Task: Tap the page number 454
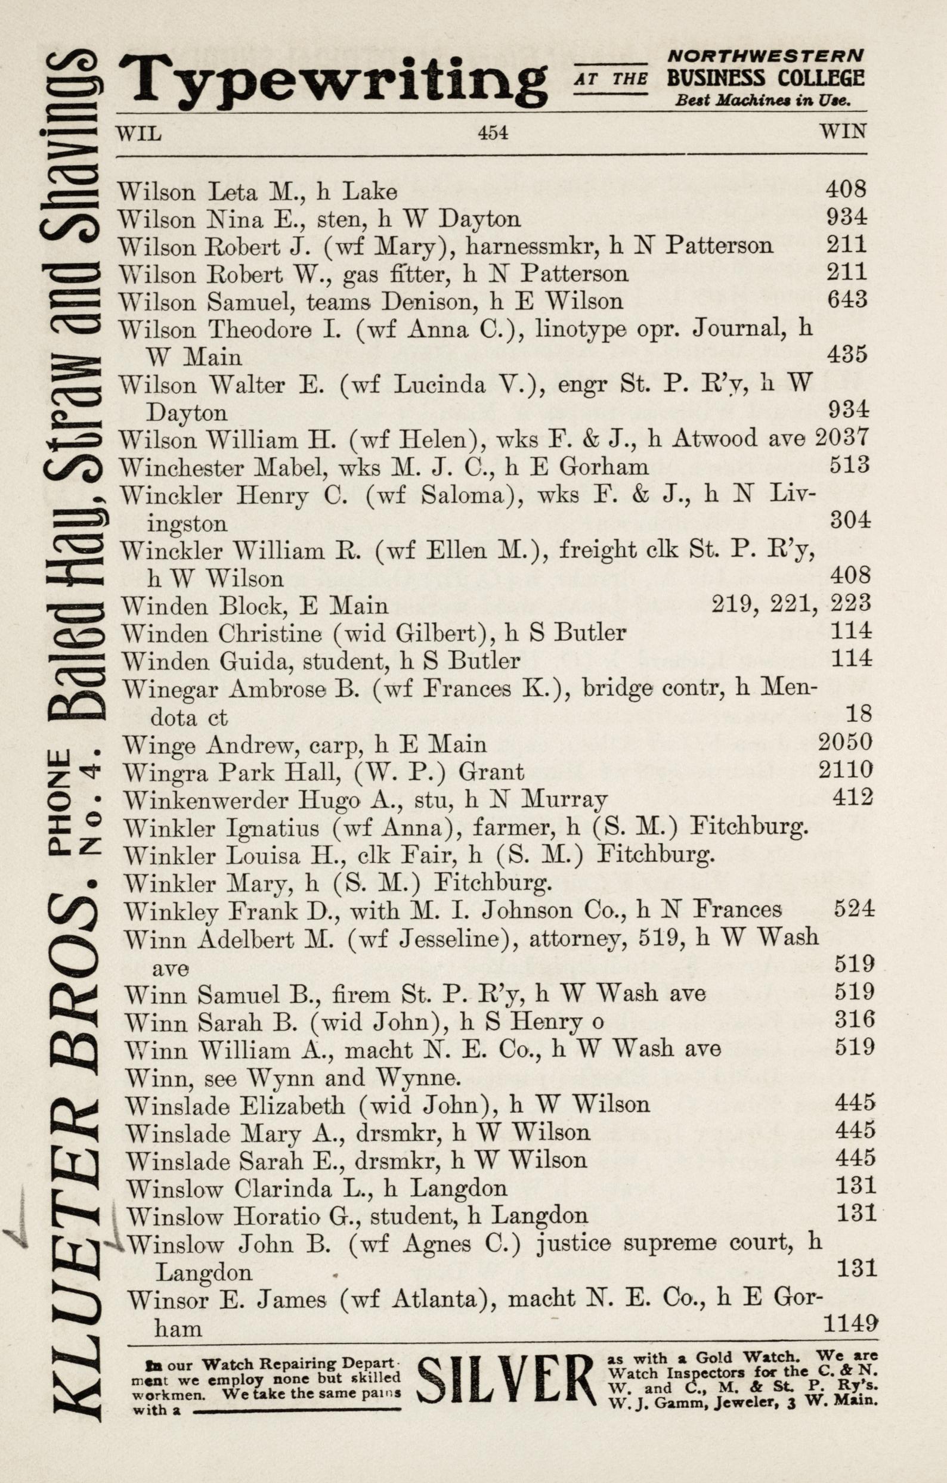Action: (493, 132)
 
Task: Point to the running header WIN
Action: (842, 131)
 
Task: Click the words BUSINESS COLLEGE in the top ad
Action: (765, 79)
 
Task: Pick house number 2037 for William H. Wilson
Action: (841, 438)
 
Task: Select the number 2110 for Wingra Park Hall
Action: (846, 770)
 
